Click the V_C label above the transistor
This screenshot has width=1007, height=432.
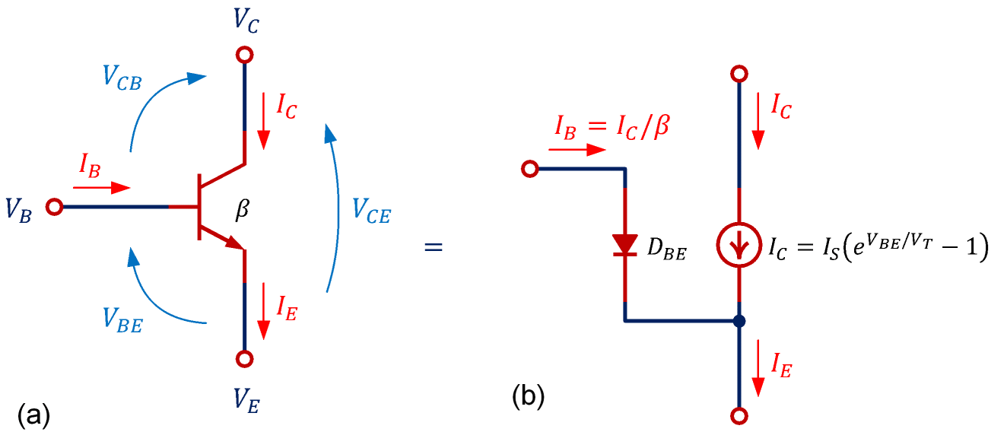coord(245,18)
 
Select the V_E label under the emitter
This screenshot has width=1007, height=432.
coord(245,397)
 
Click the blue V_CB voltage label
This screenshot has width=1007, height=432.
coord(122,78)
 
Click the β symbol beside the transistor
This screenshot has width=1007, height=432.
coord(242,210)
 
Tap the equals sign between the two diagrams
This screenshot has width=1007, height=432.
coord(434,248)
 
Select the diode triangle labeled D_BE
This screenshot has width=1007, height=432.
coord(625,244)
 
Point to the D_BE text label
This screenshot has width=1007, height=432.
coord(666,250)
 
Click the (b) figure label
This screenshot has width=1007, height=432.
coord(529,395)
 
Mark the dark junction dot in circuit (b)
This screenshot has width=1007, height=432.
coord(738,321)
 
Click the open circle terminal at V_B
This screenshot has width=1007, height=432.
coord(54,207)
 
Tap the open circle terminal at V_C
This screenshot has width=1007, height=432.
coord(245,55)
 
